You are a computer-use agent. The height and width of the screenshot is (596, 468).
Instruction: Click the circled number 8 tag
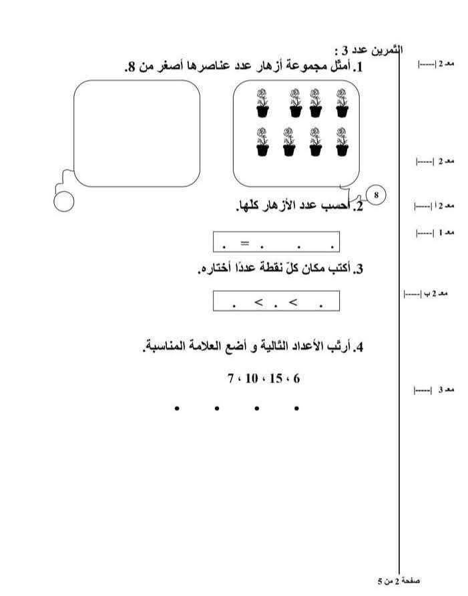pyautogui.click(x=377, y=195)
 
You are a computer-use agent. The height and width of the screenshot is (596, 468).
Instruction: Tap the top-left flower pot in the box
pyautogui.click(x=262, y=102)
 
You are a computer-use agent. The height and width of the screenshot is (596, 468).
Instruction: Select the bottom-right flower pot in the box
pyautogui.click(x=341, y=141)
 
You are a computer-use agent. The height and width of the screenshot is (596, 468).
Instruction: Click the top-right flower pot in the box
pyautogui.click(x=341, y=102)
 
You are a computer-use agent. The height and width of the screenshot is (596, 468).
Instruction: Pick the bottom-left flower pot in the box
pyautogui.click(x=262, y=141)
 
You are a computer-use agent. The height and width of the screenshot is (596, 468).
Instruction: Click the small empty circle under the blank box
pyautogui.click(x=63, y=201)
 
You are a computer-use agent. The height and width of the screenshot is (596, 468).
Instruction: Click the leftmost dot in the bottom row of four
pyautogui.click(x=177, y=408)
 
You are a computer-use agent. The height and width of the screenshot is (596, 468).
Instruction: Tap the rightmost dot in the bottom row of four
pyautogui.click(x=296, y=408)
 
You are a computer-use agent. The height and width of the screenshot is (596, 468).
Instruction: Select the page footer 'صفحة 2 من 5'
pyautogui.click(x=399, y=581)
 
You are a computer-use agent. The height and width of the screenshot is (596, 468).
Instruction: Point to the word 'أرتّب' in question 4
pyautogui.click(x=340, y=347)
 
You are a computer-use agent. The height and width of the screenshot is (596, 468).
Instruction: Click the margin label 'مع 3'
pyautogui.click(x=445, y=389)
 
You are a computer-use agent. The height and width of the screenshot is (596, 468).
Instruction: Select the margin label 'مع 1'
pyautogui.click(x=445, y=232)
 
